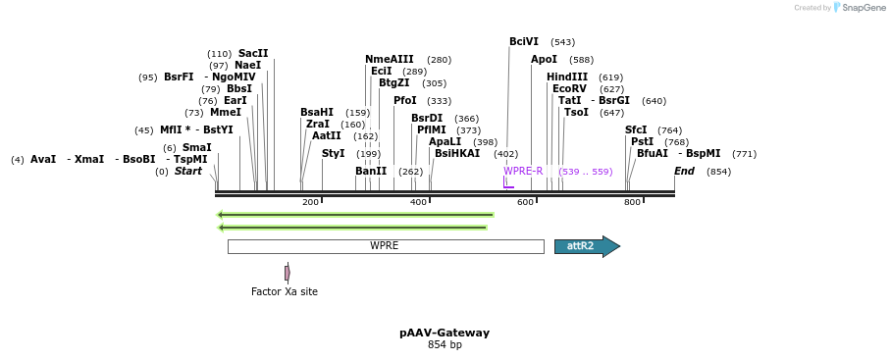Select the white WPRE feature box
click(385, 246)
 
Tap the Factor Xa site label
click(285, 291)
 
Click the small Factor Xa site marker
click(287, 273)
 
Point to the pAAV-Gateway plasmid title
click(445, 333)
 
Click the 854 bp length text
click(445, 345)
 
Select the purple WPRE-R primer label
click(523, 171)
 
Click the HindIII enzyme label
click(567, 77)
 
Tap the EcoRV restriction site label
click(569, 89)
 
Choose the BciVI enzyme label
click(524, 42)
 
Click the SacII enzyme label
click(253, 54)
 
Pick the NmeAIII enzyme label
click(390, 60)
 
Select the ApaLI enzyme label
click(445, 142)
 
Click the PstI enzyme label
click(642, 142)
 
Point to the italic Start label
click(188, 172)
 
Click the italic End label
click(684, 172)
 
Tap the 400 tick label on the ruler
click(418, 202)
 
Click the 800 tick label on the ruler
click(632, 202)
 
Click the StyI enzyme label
click(334, 154)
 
